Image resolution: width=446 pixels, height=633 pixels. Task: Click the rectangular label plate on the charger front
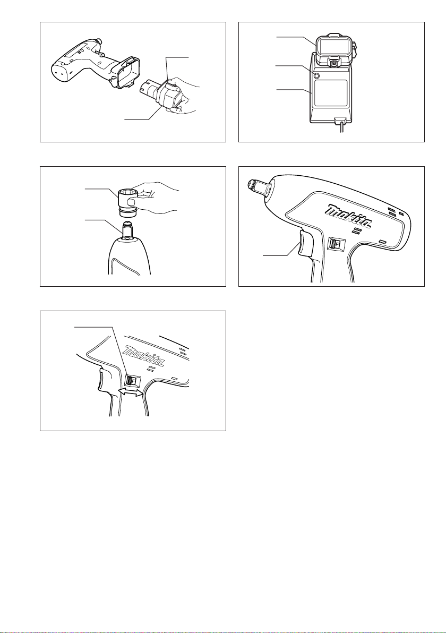pos(331,93)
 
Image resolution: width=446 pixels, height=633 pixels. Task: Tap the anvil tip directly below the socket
pos(127,229)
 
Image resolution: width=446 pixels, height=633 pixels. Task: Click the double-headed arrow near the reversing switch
pos(131,391)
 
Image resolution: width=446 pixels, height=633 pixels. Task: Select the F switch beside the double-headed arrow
pos(132,380)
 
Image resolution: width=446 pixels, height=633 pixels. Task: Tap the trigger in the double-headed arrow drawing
pos(105,381)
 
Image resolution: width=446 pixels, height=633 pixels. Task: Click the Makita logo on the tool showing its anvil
pos(349,214)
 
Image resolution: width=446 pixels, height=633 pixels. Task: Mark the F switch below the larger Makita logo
pos(336,243)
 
